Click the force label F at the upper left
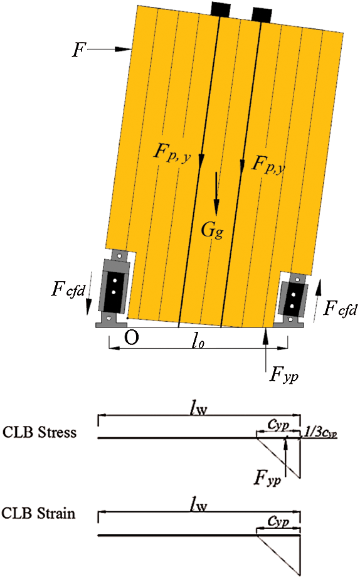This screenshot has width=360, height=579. click(x=78, y=50)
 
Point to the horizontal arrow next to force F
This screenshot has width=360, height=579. click(x=110, y=49)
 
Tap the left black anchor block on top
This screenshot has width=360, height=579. click(x=221, y=9)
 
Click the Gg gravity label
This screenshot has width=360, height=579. click(x=212, y=230)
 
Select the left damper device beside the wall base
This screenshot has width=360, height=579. click(x=113, y=289)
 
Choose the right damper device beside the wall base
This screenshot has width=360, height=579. click(x=292, y=299)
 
